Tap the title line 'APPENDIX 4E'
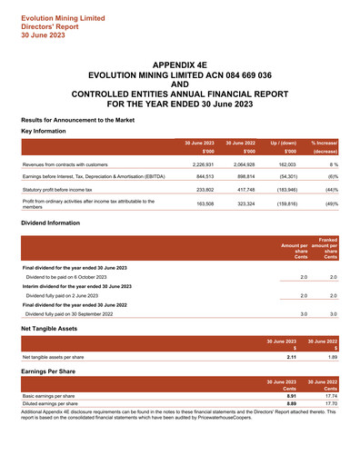click(180, 67)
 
